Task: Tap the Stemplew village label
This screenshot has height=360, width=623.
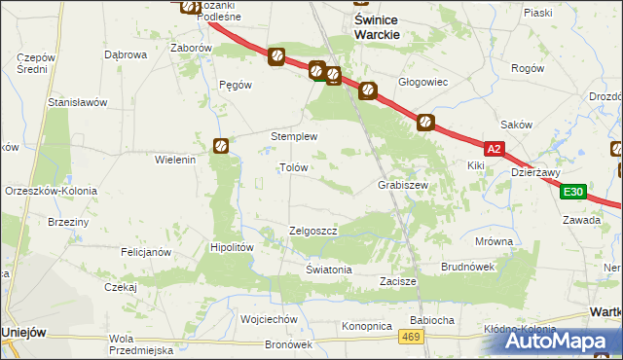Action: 294,137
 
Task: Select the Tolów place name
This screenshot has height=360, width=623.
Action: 293,167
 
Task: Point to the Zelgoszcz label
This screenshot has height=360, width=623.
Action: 313,231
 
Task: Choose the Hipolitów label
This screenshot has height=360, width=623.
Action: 233,247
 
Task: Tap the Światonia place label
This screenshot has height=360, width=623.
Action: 328,270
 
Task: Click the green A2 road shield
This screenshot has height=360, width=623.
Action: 495,149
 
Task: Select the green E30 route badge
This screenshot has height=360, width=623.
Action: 573,192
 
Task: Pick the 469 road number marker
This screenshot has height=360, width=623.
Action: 412,337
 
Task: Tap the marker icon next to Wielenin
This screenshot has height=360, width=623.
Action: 221,146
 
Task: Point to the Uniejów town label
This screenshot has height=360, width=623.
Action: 24,332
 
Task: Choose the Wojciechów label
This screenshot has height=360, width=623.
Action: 268,318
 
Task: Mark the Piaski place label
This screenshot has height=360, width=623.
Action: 537,13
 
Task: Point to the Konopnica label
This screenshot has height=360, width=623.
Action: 367,326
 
